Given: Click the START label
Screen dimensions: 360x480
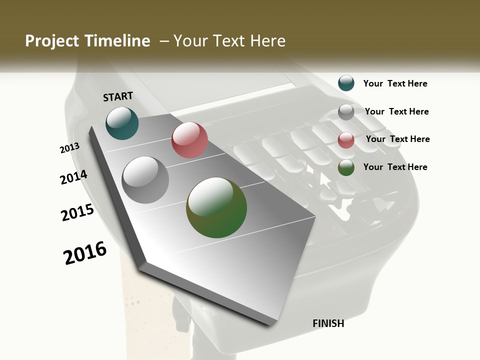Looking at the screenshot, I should coord(118,96).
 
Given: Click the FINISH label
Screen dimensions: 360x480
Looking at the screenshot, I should coord(328,323).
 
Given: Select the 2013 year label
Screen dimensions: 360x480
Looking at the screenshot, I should coord(69,147).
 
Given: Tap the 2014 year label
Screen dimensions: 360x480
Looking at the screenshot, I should coord(73,177).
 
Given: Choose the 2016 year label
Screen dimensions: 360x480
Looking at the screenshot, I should coord(85,252).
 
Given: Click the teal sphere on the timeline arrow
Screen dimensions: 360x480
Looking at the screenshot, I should coord(122,123).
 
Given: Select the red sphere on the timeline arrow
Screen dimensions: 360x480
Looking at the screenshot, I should coord(189,140).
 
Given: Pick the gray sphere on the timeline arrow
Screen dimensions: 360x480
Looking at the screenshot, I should coord(145,180).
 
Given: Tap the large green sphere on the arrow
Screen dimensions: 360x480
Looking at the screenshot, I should coord(216,207).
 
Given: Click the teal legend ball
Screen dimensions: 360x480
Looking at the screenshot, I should coord(346,83).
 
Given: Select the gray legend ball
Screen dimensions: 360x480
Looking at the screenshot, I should coord(346,112).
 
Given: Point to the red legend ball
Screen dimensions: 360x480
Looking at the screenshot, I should coord(346,140).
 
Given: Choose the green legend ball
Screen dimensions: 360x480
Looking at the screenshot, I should coord(346,167).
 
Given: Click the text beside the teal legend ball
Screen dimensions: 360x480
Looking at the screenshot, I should coord(395,83).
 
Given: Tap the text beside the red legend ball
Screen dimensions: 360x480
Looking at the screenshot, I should coord(397,139).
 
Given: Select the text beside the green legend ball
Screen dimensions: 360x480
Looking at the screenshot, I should coord(395,167).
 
